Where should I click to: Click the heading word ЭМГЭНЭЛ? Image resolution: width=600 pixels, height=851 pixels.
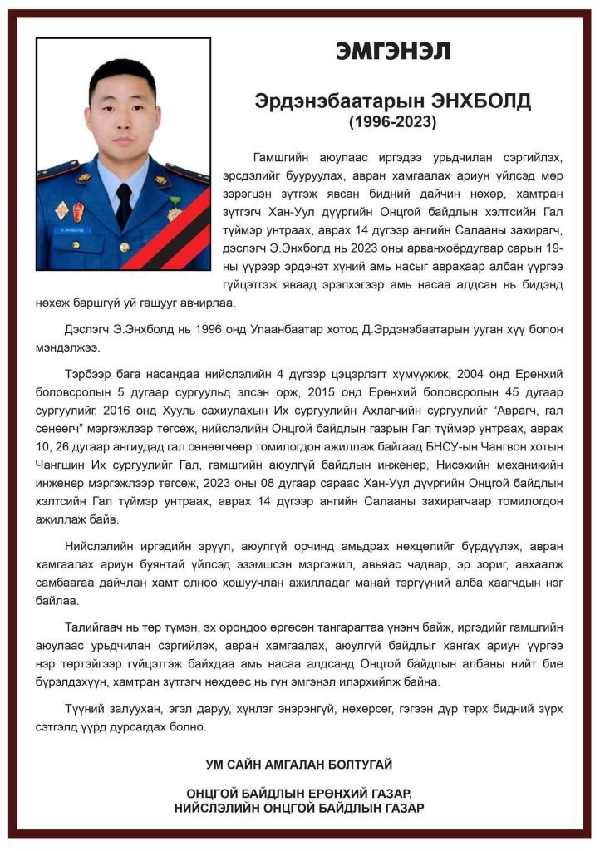tap(393, 51)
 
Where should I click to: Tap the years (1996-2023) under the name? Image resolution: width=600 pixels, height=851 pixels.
tap(393, 121)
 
